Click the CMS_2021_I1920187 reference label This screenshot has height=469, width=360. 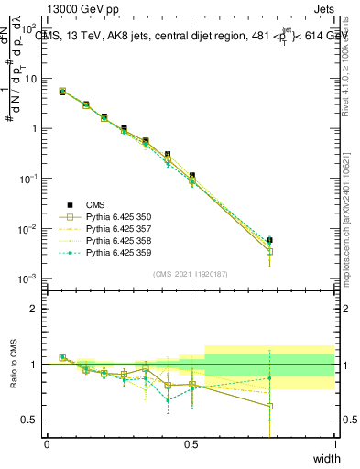click(x=191, y=273)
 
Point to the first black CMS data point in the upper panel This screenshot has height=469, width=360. click(x=62, y=92)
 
